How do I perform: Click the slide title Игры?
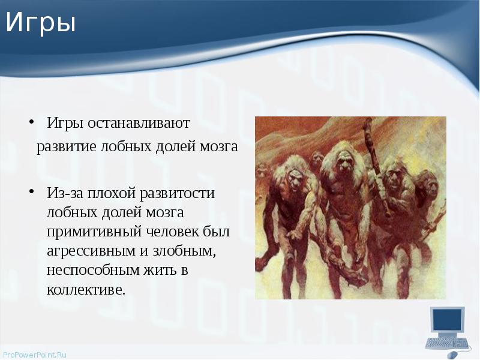41,23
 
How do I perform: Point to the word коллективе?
86,289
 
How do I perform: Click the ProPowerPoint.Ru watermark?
34,355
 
